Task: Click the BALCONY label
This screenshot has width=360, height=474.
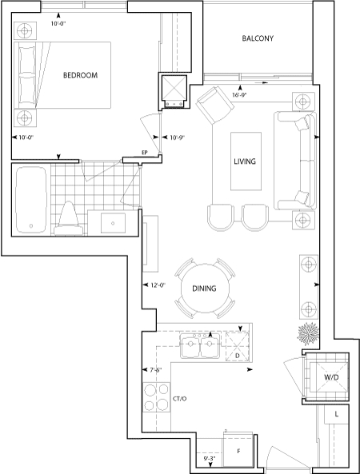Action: pos(258,38)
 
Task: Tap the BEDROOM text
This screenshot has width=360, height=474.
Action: pos(80,75)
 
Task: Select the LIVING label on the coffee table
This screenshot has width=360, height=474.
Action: pos(245,161)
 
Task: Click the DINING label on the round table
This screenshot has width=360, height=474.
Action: pos(204,289)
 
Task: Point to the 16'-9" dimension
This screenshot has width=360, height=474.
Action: pos(239,94)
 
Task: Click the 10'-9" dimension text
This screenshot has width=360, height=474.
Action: pos(177,137)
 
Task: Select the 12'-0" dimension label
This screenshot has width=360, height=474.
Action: pos(158,285)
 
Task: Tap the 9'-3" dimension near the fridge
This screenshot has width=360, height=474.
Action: pos(209,458)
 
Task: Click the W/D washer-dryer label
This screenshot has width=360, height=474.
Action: pos(331,377)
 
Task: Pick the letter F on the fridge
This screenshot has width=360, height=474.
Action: pos(238,452)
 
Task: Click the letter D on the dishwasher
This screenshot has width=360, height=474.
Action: pos(237,356)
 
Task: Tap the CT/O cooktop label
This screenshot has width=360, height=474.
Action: pos(180,399)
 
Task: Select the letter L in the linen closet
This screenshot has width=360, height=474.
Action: pos(337,414)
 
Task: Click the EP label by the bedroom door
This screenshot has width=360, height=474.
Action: pos(145,153)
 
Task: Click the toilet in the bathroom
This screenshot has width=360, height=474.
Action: pos(68,219)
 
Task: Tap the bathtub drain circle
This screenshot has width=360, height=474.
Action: pos(31,226)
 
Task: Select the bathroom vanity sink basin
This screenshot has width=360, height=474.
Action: pos(113,223)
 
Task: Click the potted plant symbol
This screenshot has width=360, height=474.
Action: pos(308,334)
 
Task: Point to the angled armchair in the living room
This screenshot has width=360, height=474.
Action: pos(215,105)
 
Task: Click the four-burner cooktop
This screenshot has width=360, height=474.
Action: pos(157,397)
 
